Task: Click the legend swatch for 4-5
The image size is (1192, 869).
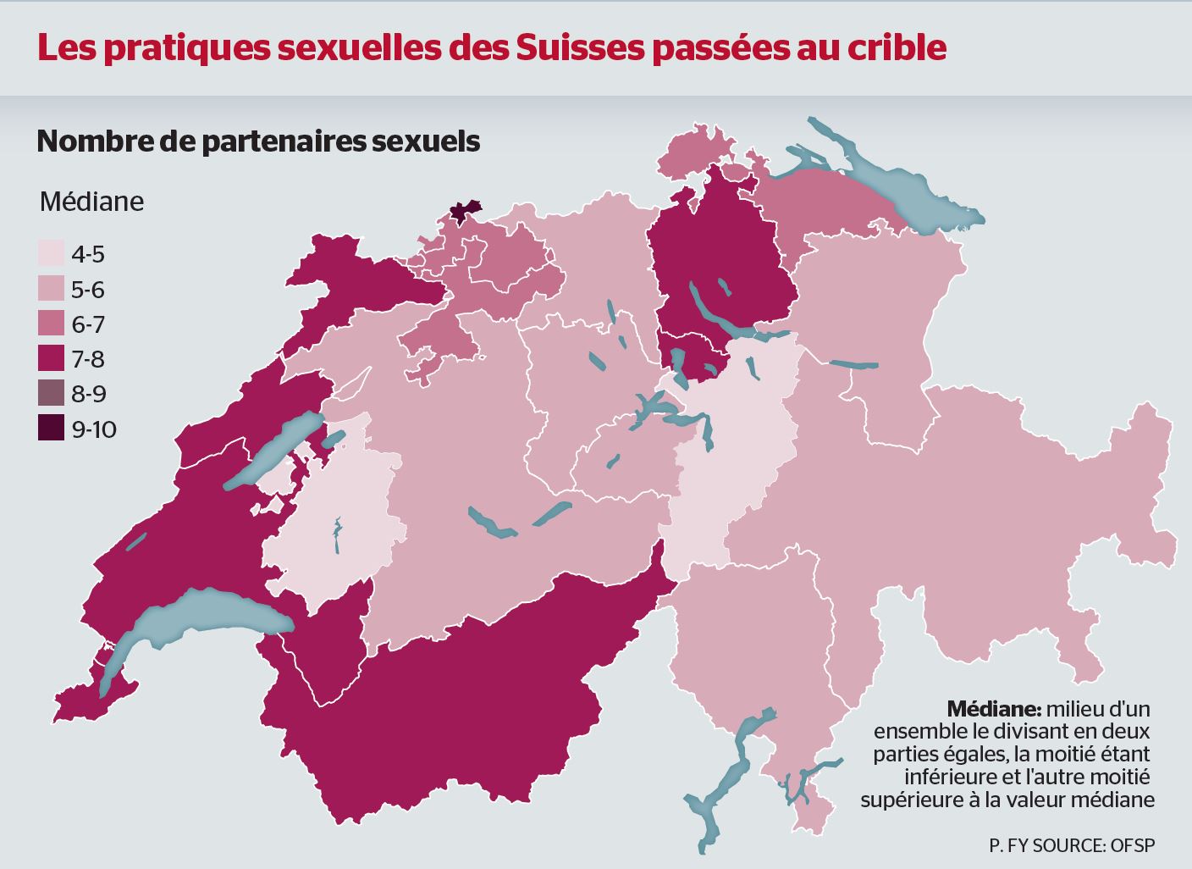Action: pos(51,254)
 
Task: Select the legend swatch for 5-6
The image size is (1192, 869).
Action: pos(51,290)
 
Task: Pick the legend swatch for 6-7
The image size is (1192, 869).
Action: pos(51,324)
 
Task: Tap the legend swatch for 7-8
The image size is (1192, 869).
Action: pos(51,359)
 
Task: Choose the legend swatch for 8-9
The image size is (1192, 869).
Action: pos(51,394)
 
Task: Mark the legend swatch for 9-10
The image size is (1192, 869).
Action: pos(51,429)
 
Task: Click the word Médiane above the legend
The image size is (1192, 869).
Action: pos(91,202)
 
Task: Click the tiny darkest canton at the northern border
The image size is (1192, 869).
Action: pos(463,212)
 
